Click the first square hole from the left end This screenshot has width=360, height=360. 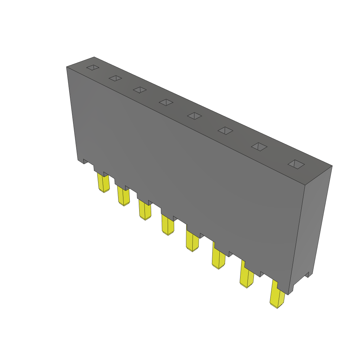(93, 67)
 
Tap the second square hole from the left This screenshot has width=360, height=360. (115, 78)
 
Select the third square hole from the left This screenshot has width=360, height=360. (140, 90)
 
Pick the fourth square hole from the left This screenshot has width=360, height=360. (166, 102)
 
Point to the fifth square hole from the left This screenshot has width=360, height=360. (194, 116)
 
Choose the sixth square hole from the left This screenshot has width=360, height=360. (225, 130)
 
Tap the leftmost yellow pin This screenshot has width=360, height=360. (103, 183)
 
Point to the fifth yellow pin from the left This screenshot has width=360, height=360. (192, 242)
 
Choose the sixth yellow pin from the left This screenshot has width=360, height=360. (218, 259)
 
